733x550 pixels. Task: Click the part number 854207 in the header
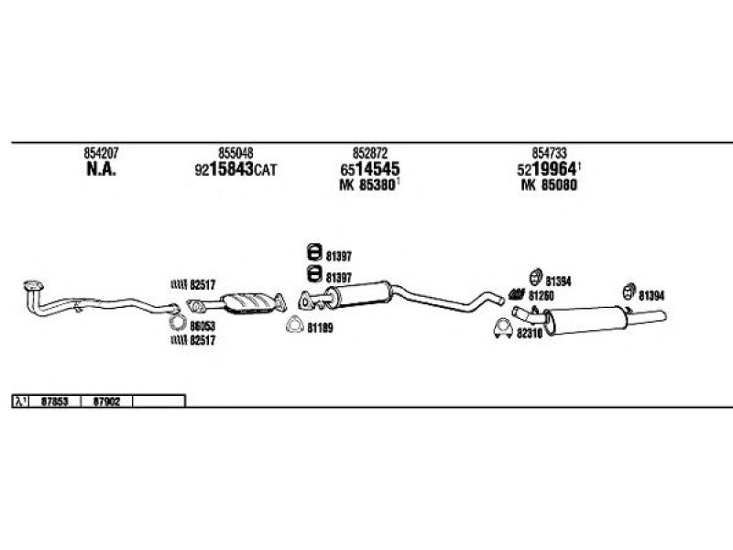(x=100, y=153)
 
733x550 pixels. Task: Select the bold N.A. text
(x=100, y=170)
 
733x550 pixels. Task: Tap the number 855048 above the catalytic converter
(x=235, y=153)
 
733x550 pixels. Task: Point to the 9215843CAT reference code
(x=235, y=170)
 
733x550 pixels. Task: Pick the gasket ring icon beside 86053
(x=178, y=324)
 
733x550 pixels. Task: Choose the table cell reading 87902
(x=107, y=401)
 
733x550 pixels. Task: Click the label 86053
(x=202, y=324)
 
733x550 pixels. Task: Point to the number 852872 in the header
(x=370, y=153)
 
